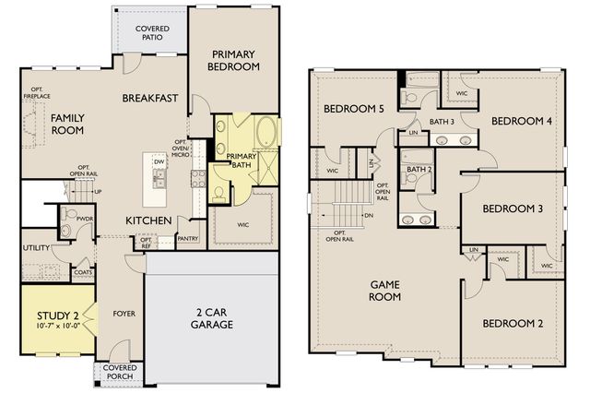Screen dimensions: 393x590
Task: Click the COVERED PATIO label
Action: click(x=152, y=33)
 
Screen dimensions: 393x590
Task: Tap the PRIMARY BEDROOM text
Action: click(x=230, y=60)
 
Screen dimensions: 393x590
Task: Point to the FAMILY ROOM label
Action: click(x=67, y=124)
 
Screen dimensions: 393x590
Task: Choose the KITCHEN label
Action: click(x=149, y=220)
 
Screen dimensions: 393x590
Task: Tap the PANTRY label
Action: click(x=188, y=238)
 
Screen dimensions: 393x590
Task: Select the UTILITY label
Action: click(x=37, y=248)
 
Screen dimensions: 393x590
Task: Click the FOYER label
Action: click(x=124, y=314)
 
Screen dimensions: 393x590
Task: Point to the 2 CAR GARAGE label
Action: click(x=212, y=318)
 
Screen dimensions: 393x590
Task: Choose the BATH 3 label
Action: click(x=442, y=122)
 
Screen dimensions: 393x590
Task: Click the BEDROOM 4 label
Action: click(x=521, y=121)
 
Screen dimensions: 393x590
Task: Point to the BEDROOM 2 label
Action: click(x=512, y=324)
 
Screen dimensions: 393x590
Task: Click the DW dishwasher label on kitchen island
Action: click(x=159, y=161)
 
